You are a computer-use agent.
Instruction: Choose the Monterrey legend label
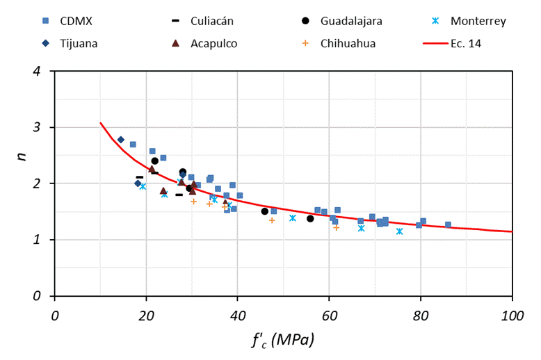pos(478,21)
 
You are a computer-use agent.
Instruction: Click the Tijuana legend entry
pos(78,43)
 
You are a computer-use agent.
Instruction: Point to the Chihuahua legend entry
pos(348,43)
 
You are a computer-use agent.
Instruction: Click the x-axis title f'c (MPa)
pos(283,341)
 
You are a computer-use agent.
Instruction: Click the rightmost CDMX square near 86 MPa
pos(448,224)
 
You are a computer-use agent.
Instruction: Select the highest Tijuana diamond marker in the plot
pos(121,140)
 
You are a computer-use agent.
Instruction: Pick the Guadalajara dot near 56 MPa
pos(310,218)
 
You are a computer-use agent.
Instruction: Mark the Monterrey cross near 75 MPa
pos(399,231)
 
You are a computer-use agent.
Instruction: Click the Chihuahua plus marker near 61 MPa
pos(336,227)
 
